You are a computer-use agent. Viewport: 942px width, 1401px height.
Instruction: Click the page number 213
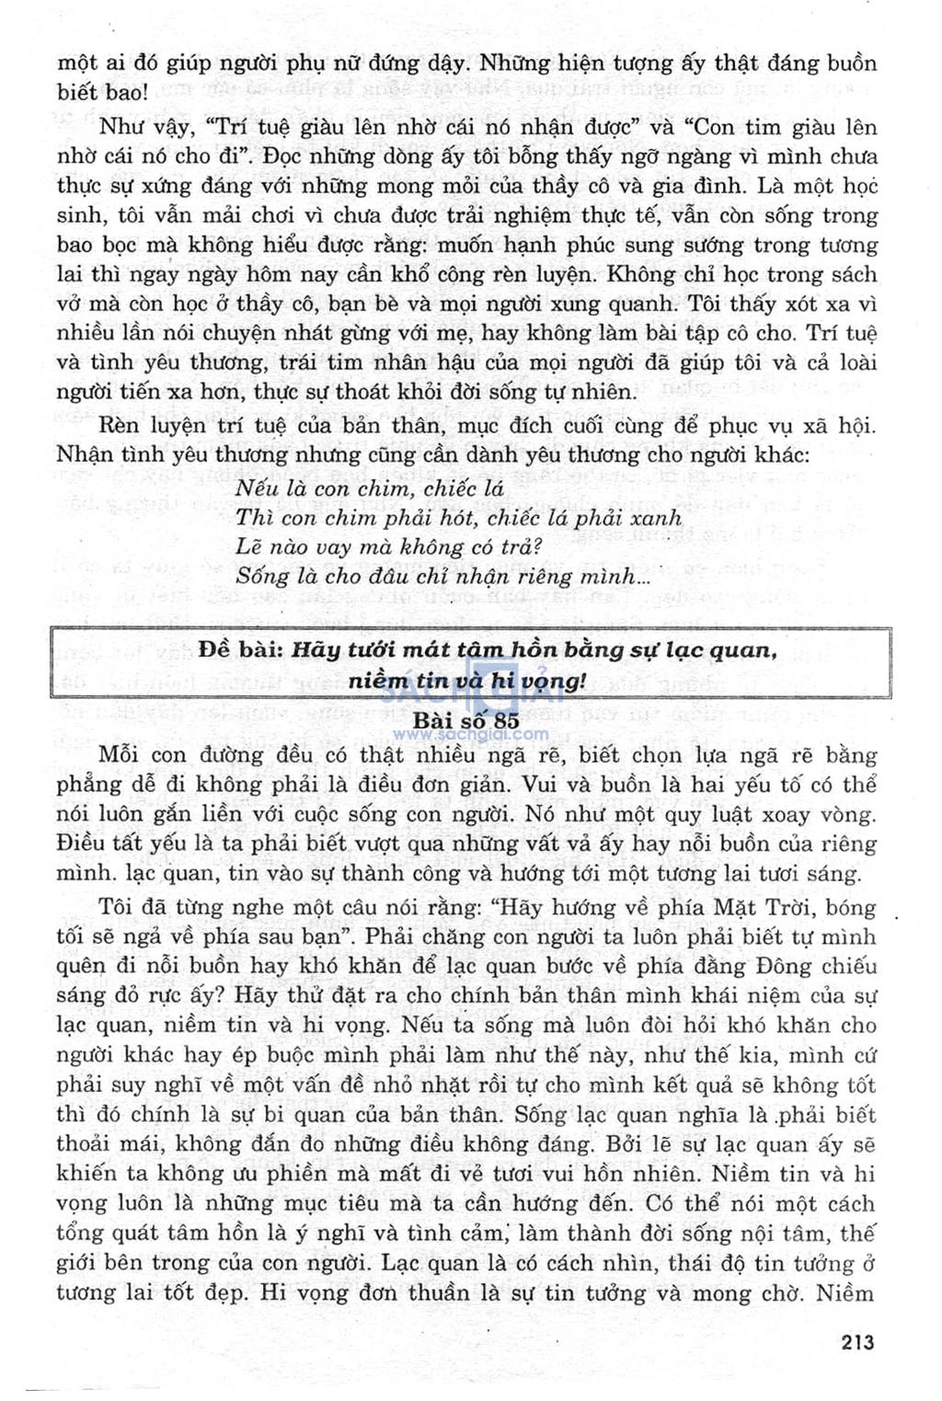click(x=857, y=1342)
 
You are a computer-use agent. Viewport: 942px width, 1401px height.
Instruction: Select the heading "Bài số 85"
click(x=465, y=720)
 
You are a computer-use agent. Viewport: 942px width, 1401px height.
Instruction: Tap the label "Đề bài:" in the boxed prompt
click(x=240, y=649)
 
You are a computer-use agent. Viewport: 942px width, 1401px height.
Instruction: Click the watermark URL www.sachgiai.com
click(x=470, y=735)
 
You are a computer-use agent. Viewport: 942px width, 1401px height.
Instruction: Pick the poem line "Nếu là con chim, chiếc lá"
click(x=369, y=488)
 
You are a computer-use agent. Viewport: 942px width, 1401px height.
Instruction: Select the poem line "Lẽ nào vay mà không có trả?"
click(x=389, y=547)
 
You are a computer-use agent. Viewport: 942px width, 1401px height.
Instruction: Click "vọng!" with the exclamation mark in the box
click(x=551, y=682)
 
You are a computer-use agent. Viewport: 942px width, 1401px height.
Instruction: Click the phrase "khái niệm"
click(x=751, y=996)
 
